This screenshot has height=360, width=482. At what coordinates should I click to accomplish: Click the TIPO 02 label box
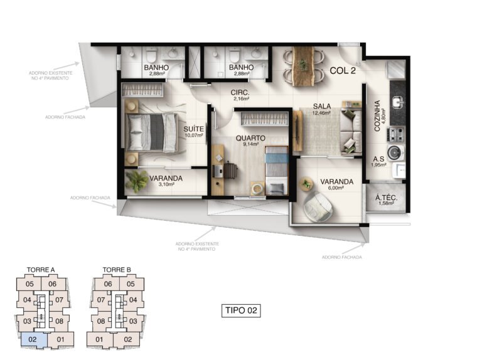pyautogui.click(x=241, y=310)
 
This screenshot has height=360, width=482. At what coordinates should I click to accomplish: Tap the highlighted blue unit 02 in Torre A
pyautogui.click(x=33, y=340)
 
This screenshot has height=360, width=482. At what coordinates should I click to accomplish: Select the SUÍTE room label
pyautogui.click(x=194, y=129)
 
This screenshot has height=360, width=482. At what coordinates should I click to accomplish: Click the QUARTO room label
pyautogui.click(x=250, y=138)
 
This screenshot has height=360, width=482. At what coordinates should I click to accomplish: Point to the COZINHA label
pyautogui.click(x=377, y=116)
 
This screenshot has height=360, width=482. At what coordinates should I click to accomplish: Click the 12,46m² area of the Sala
pyautogui.click(x=321, y=113)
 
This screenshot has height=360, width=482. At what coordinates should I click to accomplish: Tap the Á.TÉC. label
pyautogui.click(x=386, y=198)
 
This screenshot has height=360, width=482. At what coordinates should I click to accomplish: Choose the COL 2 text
pyautogui.click(x=343, y=71)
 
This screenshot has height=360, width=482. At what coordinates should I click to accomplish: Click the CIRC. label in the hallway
pyautogui.click(x=240, y=92)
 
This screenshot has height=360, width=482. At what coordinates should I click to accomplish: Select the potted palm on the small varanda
pyautogui.click(x=136, y=181)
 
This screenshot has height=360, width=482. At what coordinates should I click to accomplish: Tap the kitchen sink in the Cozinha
pyautogui.click(x=398, y=102)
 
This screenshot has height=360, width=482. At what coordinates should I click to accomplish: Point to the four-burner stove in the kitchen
pyautogui.click(x=397, y=135)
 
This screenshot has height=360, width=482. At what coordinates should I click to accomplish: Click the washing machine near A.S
pyautogui.click(x=394, y=152)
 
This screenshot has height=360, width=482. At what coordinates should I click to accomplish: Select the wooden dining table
pyautogui.click(x=303, y=66)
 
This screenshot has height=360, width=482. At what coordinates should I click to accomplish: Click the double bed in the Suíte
pyautogui.click(x=151, y=132)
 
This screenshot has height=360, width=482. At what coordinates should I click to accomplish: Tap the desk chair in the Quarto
pyautogui.click(x=230, y=170)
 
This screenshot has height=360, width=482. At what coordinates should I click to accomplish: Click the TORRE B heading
pyautogui.click(x=117, y=270)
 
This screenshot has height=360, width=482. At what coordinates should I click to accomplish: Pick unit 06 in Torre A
pyautogui.click(x=53, y=284)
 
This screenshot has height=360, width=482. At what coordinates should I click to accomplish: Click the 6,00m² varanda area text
pyautogui.click(x=336, y=188)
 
